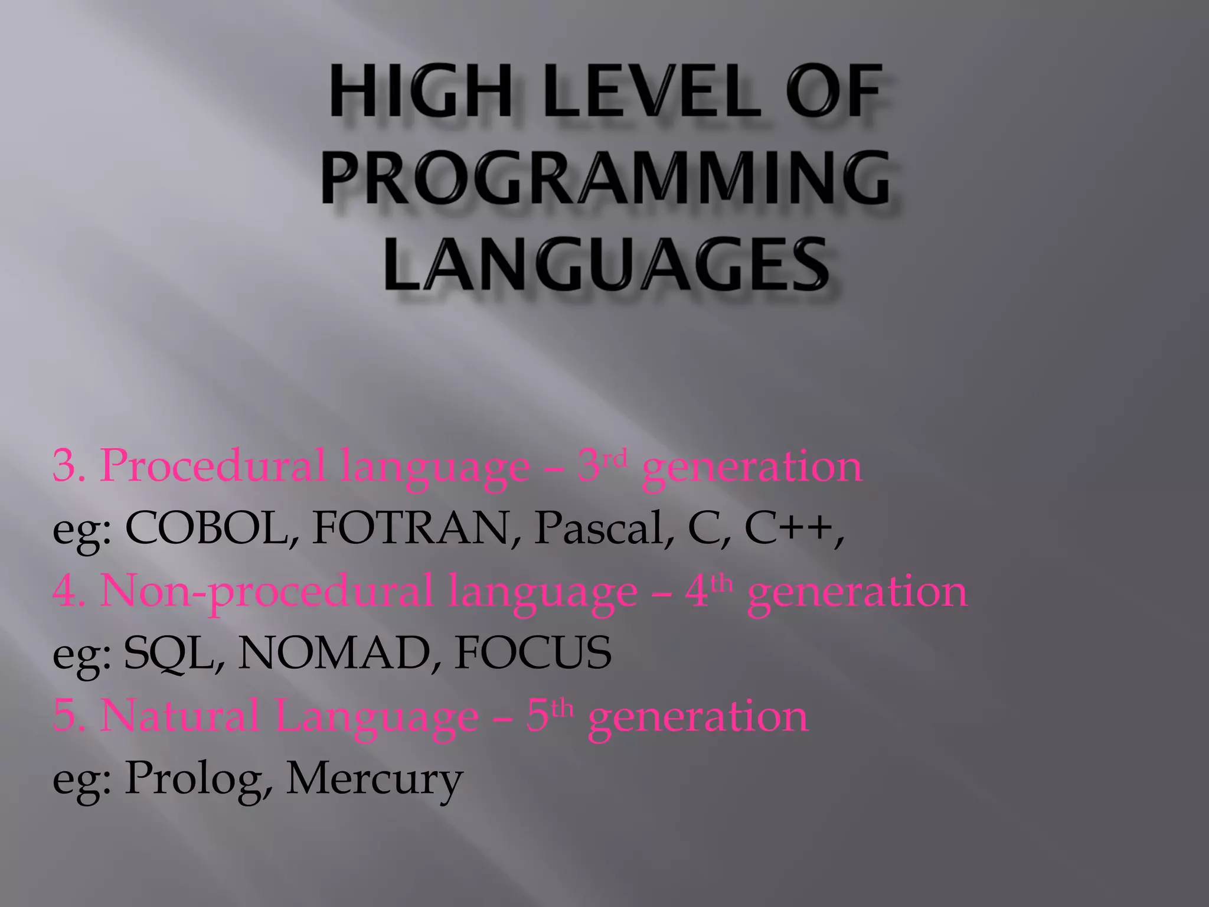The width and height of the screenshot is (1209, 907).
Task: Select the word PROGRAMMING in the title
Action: pyautogui.click(x=606, y=178)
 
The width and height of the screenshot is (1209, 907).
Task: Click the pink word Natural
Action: pyautogui.click(x=180, y=716)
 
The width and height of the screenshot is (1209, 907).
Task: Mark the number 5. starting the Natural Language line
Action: pyautogui.click(x=69, y=716)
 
